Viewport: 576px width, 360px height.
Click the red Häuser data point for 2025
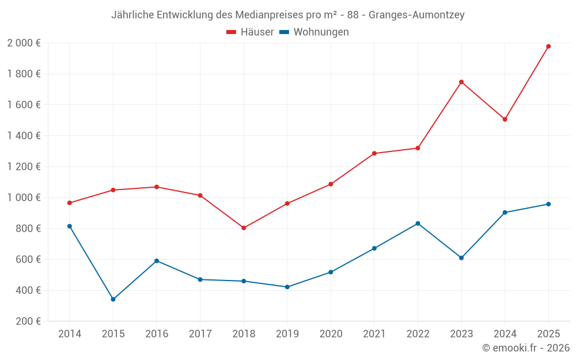coord(548,46)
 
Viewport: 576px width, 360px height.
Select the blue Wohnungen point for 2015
coord(113,300)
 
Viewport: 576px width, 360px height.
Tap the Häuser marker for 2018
coord(244,228)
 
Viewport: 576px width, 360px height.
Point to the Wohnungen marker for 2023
coord(461,257)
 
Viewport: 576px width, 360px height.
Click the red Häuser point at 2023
coord(461,82)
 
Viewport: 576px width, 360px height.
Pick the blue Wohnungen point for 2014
coord(70,226)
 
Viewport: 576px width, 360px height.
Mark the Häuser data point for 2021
coord(374,153)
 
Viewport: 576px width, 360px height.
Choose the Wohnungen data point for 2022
coord(418,223)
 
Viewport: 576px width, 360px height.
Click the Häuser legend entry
coord(250,32)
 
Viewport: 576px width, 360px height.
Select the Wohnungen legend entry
coord(314,32)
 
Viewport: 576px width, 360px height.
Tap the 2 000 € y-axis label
coord(24,43)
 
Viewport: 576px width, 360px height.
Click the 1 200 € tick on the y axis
coord(24,166)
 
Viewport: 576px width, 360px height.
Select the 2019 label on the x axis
coord(287,334)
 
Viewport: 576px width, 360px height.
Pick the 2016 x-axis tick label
coord(157,334)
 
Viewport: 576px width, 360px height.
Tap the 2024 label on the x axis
coord(505,334)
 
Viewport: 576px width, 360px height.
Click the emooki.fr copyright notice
coord(525,348)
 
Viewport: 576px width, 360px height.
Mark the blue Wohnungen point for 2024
coord(505,213)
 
